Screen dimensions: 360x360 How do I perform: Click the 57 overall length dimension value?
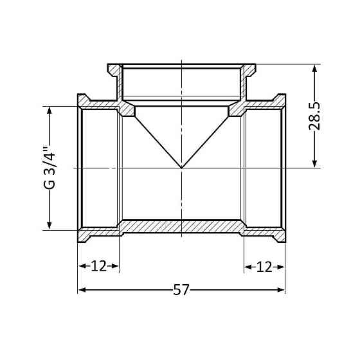click(x=181, y=290)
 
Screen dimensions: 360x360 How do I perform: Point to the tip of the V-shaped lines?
click(x=182, y=168)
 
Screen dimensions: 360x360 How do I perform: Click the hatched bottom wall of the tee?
click(x=182, y=226)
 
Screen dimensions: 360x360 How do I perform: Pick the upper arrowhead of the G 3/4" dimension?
click(x=49, y=110)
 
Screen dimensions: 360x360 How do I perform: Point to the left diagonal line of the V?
click(x=158, y=141)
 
